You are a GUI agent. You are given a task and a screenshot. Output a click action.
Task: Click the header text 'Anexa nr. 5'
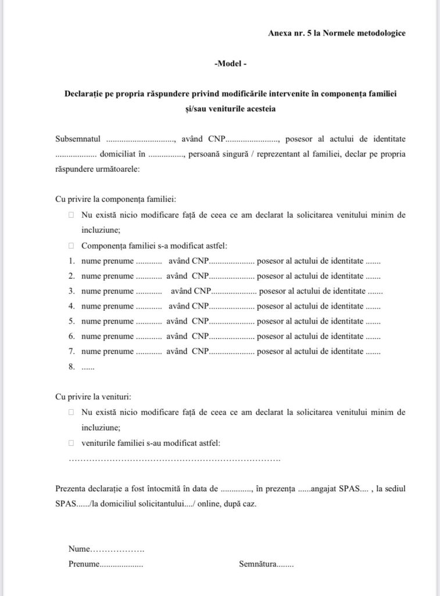pyautogui.click(x=288, y=33)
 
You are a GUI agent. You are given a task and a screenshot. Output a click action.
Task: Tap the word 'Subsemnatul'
pyautogui.click(x=78, y=140)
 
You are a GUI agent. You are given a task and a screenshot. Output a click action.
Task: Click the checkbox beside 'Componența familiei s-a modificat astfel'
pyautogui.click(x=71, y=245)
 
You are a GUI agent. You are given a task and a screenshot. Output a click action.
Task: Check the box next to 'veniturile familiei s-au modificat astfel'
pyautogui.click(x=71, y=443)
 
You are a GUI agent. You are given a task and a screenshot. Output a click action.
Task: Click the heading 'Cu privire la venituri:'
pyautogui.click(x=93, y=397)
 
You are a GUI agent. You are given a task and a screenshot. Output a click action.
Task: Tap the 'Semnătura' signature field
pyautogui.click(x=266, y=564)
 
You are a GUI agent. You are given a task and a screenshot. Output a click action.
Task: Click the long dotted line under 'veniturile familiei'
pyautogui.click(x=174, y=459)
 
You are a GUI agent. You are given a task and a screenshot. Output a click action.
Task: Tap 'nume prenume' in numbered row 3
pyautogui.click(x=108, y=291)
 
